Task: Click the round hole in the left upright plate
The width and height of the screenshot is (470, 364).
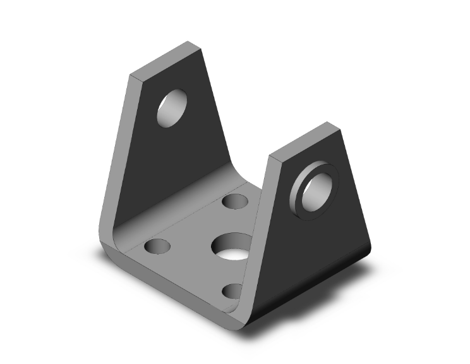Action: pyautogui.click(x=173, y=108)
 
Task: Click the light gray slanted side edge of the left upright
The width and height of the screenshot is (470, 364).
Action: pyautogui.click(x=116, y=146)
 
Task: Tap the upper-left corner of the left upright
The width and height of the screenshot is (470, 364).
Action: pyautogui.click(x=131, y=75)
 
